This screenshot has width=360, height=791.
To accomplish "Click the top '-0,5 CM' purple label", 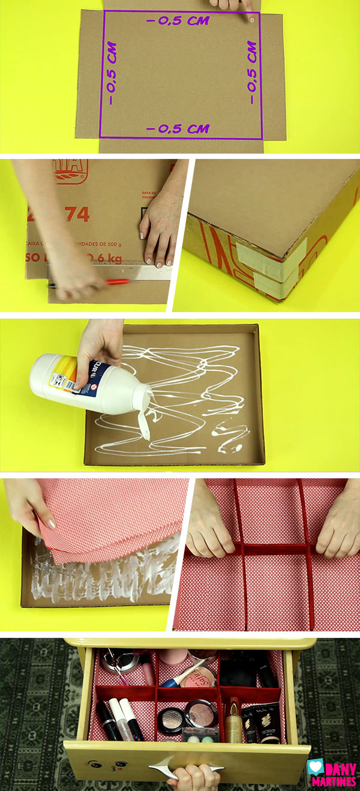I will pyautogui.click(x=178, y=20).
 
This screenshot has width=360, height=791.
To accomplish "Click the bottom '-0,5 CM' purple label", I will pyautogui.click(x=178, y=128).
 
